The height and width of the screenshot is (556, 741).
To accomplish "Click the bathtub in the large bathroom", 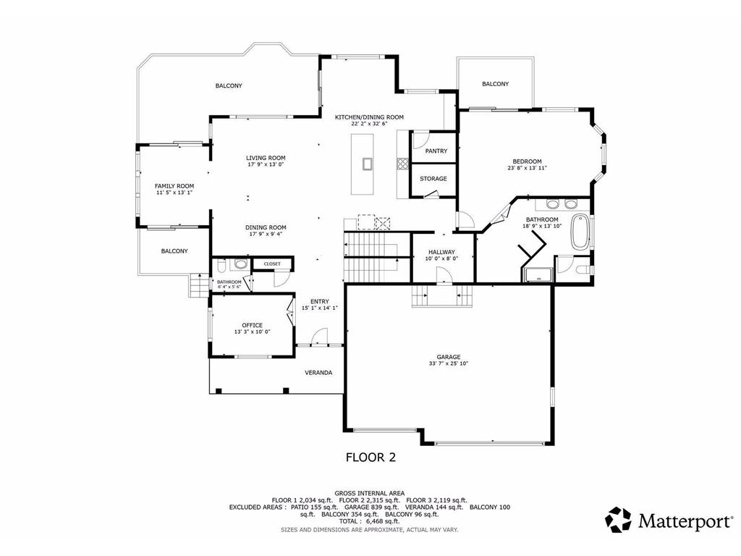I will tap(580, 232).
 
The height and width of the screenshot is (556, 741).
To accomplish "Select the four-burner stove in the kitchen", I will tap(401, 164).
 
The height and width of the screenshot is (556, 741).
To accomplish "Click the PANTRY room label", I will tap(436, 151).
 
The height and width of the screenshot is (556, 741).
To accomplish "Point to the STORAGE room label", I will tap(433, 179).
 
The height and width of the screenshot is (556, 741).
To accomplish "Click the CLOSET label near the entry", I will tap(272, 264).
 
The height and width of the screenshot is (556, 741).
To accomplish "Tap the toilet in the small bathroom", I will tap(221, 265).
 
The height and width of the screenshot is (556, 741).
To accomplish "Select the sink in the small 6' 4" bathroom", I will tap(240, 265).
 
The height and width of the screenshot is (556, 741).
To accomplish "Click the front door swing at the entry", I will tap(320, 335).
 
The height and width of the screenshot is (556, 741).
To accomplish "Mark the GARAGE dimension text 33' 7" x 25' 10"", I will tap(449, 363).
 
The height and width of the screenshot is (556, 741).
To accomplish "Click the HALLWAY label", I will tap(442, 252).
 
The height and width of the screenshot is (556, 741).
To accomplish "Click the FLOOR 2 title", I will tap(370, 458).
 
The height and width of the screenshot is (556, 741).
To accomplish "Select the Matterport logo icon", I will tap(618, 519).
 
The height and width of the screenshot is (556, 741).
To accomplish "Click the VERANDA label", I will tap(318, 373).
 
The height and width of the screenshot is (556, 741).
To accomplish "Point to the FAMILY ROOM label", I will tap(174, 186).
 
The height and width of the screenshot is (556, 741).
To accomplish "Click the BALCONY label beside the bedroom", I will tap(495, 84).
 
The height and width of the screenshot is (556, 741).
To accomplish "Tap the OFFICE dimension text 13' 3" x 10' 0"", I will tap(252, 332).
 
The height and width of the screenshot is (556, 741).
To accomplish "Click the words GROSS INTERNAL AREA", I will tap(370, 492).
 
